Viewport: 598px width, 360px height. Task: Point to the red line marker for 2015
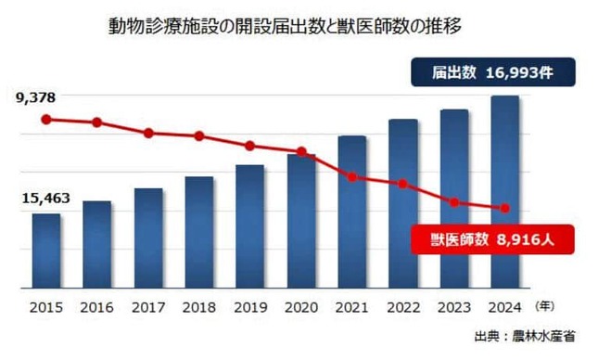(x=46, y=119)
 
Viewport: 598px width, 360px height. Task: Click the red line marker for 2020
(x=301, y=151)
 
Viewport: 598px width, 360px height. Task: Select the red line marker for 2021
(x=352, y=176)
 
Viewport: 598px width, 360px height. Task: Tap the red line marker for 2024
(x=504, y=208)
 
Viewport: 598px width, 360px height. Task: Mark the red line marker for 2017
(x=148, y=133)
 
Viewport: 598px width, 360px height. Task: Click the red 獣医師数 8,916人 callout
(x=491, y=238)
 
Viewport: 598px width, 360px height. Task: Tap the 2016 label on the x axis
(x=97, y=306)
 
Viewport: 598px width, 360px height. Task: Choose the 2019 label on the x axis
(x=250, y=306)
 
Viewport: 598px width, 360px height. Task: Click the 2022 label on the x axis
(x=403, y=306)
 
